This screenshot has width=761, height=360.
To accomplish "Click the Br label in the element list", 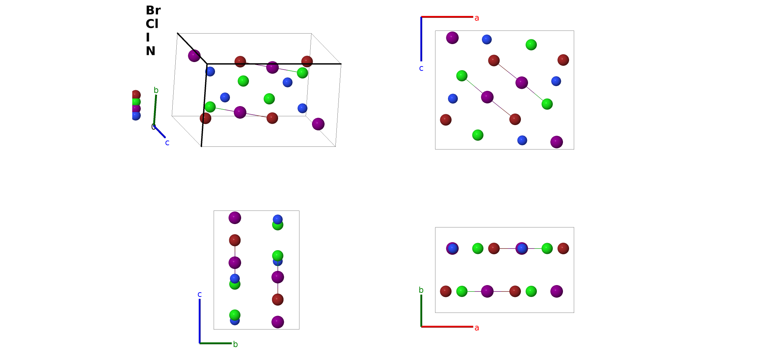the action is [x=153, y=11].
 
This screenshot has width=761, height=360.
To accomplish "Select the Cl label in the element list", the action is [x=152, y=24].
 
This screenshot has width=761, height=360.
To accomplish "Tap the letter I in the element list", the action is [x=148, y=38].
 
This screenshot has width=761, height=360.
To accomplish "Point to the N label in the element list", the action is [x=151, y=51].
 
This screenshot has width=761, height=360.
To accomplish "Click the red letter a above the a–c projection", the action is [x=477, y=18].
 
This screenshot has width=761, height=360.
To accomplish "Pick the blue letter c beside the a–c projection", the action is [x=421, y=68].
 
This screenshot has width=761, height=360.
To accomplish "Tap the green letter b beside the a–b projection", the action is [x=421, y=290].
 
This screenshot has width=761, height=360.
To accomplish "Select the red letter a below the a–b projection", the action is [x=477, y=328].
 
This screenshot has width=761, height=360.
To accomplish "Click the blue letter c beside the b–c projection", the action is [x=200, y=294].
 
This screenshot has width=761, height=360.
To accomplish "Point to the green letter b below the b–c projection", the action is [x=235, y=344].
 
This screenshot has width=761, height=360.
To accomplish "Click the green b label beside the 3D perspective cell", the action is [x=156, y=90].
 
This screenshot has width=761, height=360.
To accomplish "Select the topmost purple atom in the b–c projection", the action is [x=235, y=218].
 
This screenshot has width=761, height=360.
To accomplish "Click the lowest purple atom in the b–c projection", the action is [x=278, y=322].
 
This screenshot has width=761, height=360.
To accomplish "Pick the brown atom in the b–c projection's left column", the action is [x=235, y=240].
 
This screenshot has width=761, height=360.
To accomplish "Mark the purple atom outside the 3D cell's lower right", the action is [x=318, y=124].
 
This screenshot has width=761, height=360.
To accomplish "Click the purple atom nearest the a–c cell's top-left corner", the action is [x=452, y=38].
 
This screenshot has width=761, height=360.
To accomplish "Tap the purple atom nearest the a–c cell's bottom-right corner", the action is [x=557, y=142].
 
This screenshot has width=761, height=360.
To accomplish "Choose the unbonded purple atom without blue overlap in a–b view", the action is [x=557, y=291].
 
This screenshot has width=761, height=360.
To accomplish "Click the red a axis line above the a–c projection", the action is [x=447, y=17].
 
